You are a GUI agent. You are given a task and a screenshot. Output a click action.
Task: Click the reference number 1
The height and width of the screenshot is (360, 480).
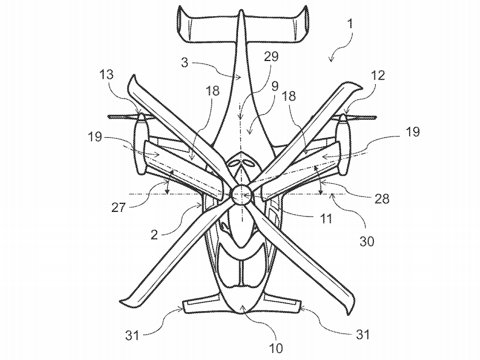click(350, 24)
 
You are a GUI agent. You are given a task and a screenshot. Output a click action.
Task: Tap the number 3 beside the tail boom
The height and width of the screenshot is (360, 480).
click(184, 62)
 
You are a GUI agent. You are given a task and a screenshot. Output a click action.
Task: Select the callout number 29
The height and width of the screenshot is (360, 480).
click(271, 56)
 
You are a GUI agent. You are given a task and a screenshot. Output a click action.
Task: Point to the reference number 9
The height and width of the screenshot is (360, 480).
click(275, 86)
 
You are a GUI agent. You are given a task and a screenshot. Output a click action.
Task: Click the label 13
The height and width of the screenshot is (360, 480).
click(107, 74)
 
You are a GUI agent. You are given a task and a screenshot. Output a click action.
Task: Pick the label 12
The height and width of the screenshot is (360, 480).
click(378, 75)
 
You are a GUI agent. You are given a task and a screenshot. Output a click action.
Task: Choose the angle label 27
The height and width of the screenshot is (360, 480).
click(119, 207)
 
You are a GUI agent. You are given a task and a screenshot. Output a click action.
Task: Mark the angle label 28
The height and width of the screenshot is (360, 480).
click(382, 199)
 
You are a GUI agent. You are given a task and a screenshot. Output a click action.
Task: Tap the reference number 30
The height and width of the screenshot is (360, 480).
click(366, 241)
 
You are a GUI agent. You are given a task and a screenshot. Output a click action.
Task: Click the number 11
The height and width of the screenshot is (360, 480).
click(326, 218)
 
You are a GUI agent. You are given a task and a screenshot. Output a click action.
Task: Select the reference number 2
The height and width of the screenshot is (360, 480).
click(154, 235)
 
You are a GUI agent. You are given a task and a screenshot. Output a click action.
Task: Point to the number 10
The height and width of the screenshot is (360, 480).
click(275, 348)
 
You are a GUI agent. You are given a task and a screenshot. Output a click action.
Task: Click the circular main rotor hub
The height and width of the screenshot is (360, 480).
click(241, 195)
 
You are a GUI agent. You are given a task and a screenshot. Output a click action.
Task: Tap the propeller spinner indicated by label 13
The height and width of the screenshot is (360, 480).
click(141, 118)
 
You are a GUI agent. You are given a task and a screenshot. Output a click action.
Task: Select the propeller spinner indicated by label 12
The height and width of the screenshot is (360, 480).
click(343, 118)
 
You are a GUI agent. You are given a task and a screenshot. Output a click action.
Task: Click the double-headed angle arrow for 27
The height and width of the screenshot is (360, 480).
click(169, 182)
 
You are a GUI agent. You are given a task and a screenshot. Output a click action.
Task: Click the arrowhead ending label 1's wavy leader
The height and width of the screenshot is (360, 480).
click(330, 60)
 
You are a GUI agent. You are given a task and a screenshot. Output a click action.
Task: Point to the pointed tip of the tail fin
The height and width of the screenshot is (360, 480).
click(241, 11)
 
